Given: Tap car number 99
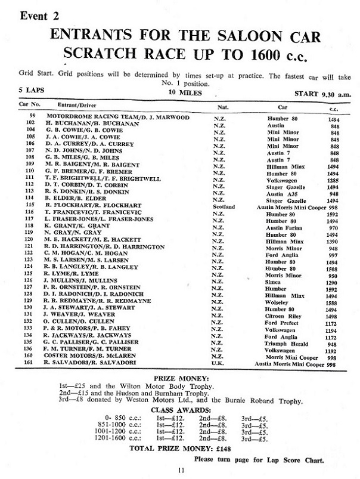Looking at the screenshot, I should pos(33,118).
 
